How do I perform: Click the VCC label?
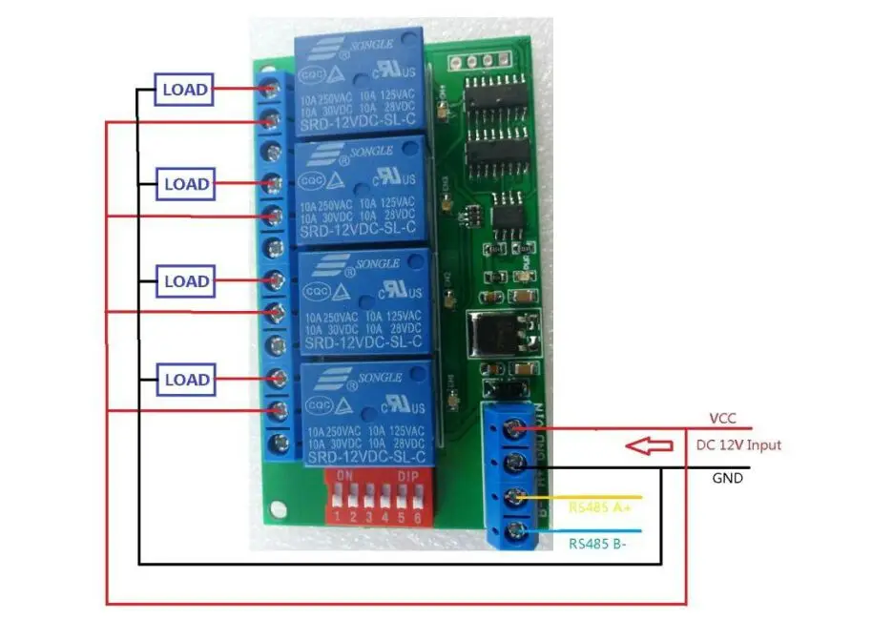pyautogui.click(x=721, y=418)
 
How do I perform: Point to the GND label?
pyautogui.click(x=727, y=478)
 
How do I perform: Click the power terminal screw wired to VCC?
pyautogui.click(x=518, y=430)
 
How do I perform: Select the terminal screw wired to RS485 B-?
pyautogui.click(x=518, y=531)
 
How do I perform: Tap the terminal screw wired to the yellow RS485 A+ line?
pyautogui.click(x=518, y=498)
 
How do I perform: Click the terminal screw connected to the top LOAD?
pyautogui.click(x=275, y=91)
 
